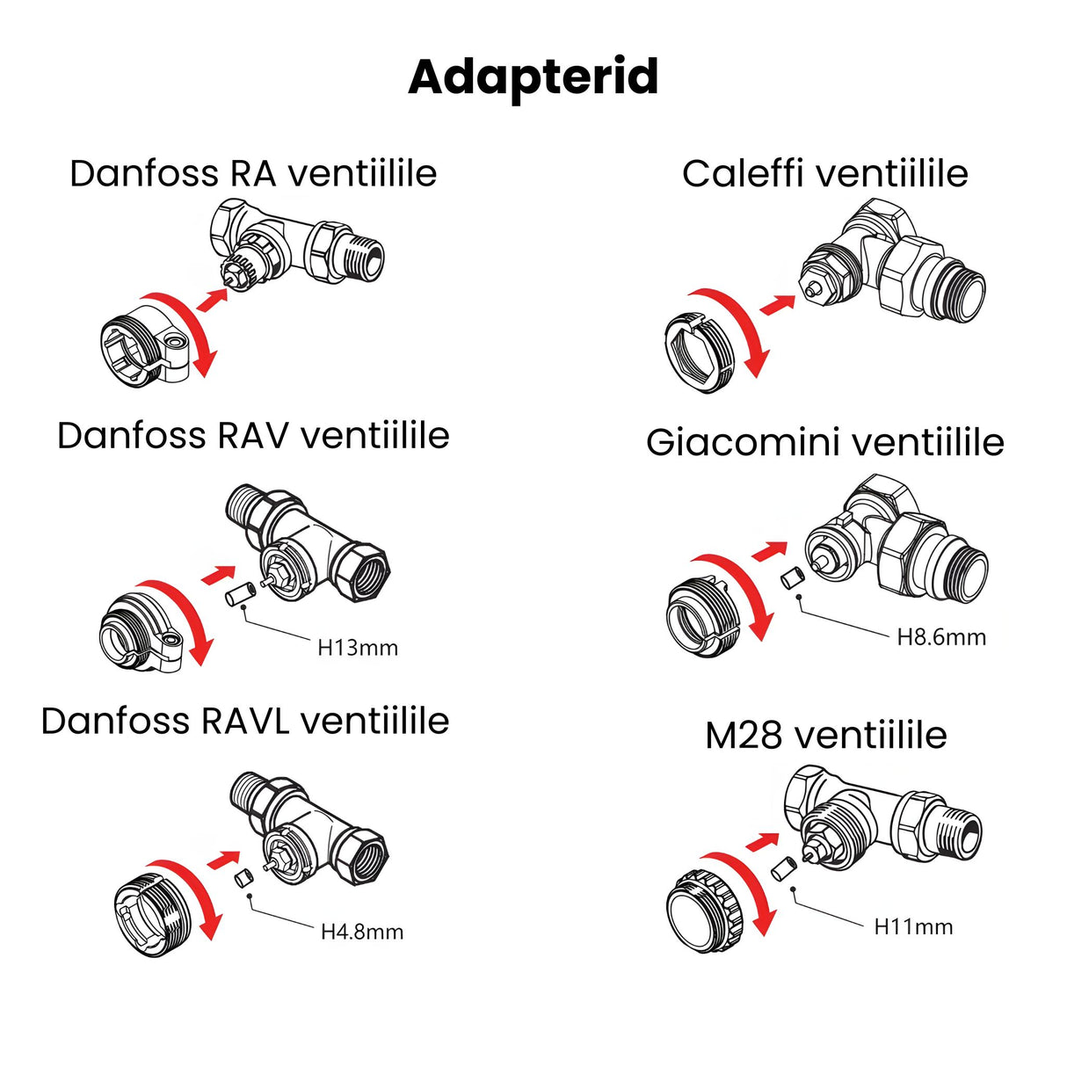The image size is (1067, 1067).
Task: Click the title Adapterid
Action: coord(533,77)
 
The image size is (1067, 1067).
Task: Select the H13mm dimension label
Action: coord(358,648)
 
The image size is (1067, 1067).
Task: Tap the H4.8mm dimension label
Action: coord(361,932)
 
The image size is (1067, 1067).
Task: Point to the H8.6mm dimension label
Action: coord(940,637)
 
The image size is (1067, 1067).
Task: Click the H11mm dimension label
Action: coord(913,926)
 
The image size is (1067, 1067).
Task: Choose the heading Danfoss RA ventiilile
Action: coord(253,173)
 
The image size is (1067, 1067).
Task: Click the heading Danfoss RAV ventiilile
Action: coord(253,435)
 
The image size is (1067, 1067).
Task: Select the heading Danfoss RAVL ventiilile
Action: coord(245,721)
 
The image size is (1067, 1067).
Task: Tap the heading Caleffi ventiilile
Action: coord(824,173)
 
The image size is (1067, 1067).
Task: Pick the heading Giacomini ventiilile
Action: coord(824,442)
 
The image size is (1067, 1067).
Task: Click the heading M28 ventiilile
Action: coord(825,735)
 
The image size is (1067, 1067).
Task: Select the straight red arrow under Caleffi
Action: coord(773,305)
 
